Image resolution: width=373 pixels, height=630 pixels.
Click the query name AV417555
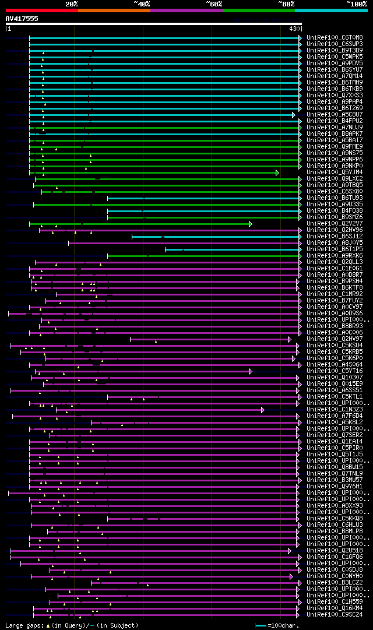tap(22, 19)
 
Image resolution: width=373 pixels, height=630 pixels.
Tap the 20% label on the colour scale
tap(72, 4)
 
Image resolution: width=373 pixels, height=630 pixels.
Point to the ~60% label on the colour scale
tap(214, 4)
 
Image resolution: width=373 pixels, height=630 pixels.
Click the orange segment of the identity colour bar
tap(114, 10)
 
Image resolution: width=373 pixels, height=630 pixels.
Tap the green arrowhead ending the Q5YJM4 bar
tap(277, 173)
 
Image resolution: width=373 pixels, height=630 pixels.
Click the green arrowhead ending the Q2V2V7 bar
tap(251, 224)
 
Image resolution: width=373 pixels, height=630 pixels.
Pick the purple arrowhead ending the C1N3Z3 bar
tap(263, 410)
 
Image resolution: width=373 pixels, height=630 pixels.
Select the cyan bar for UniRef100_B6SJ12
tap(216, 237)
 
